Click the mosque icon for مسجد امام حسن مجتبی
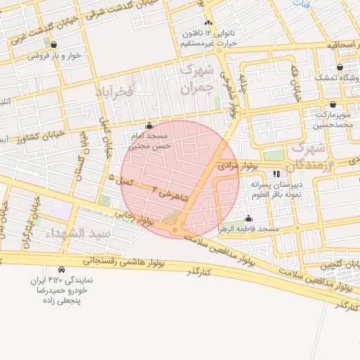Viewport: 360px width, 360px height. [x=148, y=126]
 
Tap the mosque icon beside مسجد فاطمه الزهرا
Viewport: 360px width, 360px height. [x=248, y=219]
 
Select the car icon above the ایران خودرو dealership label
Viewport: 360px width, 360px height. [x=62, y=269]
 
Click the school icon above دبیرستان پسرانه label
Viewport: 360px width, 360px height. [x=276, y=173]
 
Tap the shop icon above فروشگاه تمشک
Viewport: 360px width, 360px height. [x=340, y=67]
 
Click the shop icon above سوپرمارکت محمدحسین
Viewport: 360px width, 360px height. [x=333, y=104]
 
